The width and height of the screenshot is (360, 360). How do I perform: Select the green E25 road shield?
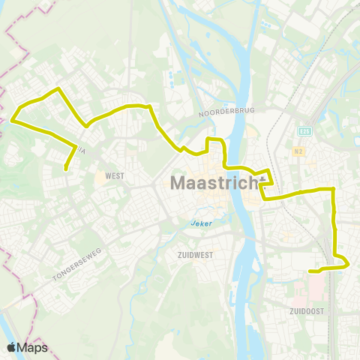coord(304,130)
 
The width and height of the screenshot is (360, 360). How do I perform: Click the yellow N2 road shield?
coord(299,152)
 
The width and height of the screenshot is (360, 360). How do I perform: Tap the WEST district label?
coord(115,175)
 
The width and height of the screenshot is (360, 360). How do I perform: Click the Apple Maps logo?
coord(27,347)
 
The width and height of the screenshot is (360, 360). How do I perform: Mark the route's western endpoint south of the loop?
coord(67,169)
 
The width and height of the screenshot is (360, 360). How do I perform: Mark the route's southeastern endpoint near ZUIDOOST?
coord(310,271)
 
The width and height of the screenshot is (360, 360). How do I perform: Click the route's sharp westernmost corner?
coord(12,118)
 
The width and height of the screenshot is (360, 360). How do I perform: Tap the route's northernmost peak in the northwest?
coord(58,89)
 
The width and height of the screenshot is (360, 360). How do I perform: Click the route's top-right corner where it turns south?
coord(333,189)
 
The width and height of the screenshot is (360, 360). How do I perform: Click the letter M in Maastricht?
coord(180,182)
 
